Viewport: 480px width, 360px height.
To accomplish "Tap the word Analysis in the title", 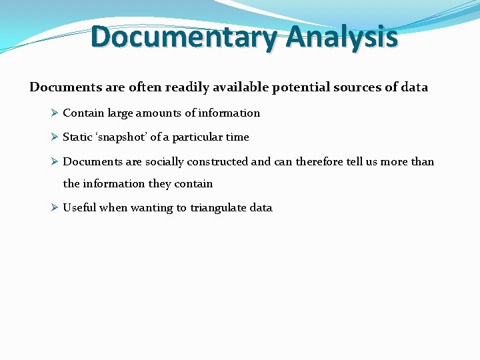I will tap(342, 37).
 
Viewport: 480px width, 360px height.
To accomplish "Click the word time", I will tap(237, 137).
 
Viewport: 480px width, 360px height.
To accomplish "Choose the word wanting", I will tap(151, 208).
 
